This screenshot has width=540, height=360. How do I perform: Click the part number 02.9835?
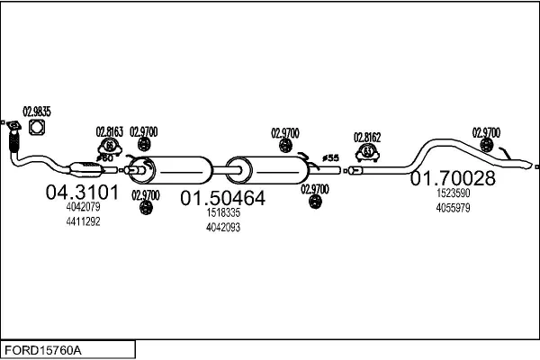point(37,111)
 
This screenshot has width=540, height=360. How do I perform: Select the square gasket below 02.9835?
point(37,128)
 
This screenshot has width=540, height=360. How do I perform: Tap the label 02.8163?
point(109,131)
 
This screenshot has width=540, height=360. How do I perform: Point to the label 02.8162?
point(367,137)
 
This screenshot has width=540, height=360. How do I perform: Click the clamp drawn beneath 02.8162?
point(367,152)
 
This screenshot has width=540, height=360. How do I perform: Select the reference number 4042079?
point(84,207)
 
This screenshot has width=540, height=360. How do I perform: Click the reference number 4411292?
point(84,221)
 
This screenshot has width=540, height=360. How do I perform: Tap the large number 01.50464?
point(223,197)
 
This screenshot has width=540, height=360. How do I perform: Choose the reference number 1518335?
point(223,213)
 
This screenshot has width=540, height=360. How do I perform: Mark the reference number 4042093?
point(223,228)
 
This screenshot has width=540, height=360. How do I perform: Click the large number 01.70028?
point(453,178)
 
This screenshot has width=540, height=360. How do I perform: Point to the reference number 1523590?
point(453,193)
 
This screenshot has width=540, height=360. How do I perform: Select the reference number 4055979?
point(453,208)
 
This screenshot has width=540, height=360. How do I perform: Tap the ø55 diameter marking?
point(329,158)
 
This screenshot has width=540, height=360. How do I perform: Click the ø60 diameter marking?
point(105,158)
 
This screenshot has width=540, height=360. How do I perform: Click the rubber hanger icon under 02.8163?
point(109,146)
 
